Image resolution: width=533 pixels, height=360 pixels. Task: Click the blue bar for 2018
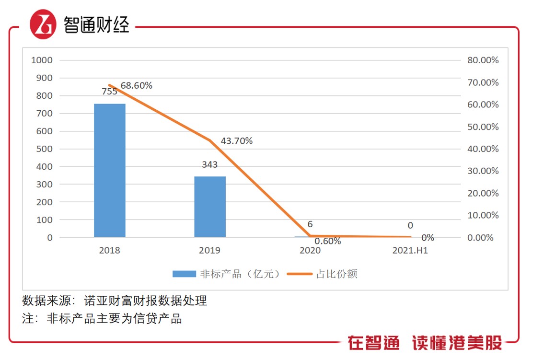pos(109,170)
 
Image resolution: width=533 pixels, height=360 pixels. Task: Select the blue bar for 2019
pos(209,207)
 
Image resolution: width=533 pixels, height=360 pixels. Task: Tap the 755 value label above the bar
pos(109,92)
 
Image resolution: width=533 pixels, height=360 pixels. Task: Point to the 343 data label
pos(209,164)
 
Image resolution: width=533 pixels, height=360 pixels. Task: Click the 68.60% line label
pos(137,85)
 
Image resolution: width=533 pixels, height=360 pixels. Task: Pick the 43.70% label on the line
pos(236,141)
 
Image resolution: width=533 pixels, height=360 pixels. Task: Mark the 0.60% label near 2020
pos(328,241)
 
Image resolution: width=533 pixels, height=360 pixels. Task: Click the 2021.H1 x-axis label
pos(410,250)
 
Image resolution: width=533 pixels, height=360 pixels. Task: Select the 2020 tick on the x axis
pos(310,250)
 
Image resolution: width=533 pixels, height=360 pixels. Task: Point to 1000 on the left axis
pos(42,60)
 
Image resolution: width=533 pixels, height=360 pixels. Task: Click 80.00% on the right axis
pos(483,60)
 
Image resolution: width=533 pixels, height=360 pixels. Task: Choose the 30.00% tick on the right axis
pos(483,171)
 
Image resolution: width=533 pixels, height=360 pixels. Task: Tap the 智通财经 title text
pos(96,25)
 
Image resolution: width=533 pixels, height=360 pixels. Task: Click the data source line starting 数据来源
pos(115,301)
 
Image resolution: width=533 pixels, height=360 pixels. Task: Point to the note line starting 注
pos(102,318)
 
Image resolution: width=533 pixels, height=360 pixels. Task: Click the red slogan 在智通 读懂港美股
pos(425,343)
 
